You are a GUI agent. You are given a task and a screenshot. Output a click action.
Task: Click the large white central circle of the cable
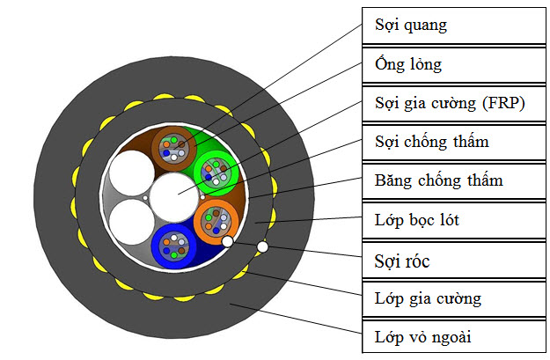point(175,195)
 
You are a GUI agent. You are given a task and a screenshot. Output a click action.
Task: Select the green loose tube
point(215,170)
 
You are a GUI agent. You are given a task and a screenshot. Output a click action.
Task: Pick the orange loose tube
point(216,220)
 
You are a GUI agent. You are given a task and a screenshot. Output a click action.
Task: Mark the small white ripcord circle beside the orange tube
point(227,241)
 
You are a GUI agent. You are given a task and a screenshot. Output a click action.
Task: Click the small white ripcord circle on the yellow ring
point(262,248)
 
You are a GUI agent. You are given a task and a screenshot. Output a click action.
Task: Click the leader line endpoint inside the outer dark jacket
point(230,303)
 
